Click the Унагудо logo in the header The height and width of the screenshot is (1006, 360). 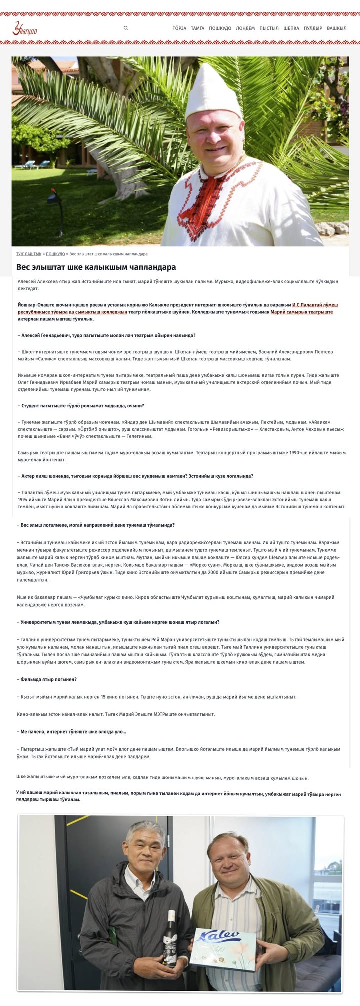tap(25, 29)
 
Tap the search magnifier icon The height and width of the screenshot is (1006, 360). tap(126, 28)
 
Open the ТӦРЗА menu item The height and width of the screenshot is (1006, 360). tap(179, 28)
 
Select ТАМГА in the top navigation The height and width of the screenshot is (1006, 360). tap(197, 28)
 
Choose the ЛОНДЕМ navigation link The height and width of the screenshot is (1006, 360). tap(245, 28)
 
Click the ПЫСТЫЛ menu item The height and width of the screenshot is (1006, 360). tap(269, 28)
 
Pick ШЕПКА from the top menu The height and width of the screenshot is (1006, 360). tap(291, 28)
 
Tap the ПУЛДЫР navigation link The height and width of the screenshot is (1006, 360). tap(313, 28)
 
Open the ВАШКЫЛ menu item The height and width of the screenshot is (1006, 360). tap(337, 28)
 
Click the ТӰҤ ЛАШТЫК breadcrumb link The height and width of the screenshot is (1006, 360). tap(29, 254)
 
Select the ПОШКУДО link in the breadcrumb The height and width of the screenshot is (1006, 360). tap(55, 254)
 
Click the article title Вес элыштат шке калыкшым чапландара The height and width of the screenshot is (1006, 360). tap(96, 267)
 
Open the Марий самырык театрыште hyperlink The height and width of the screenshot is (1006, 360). tap(302, 312)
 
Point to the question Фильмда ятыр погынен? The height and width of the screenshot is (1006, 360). tap(48, 679)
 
